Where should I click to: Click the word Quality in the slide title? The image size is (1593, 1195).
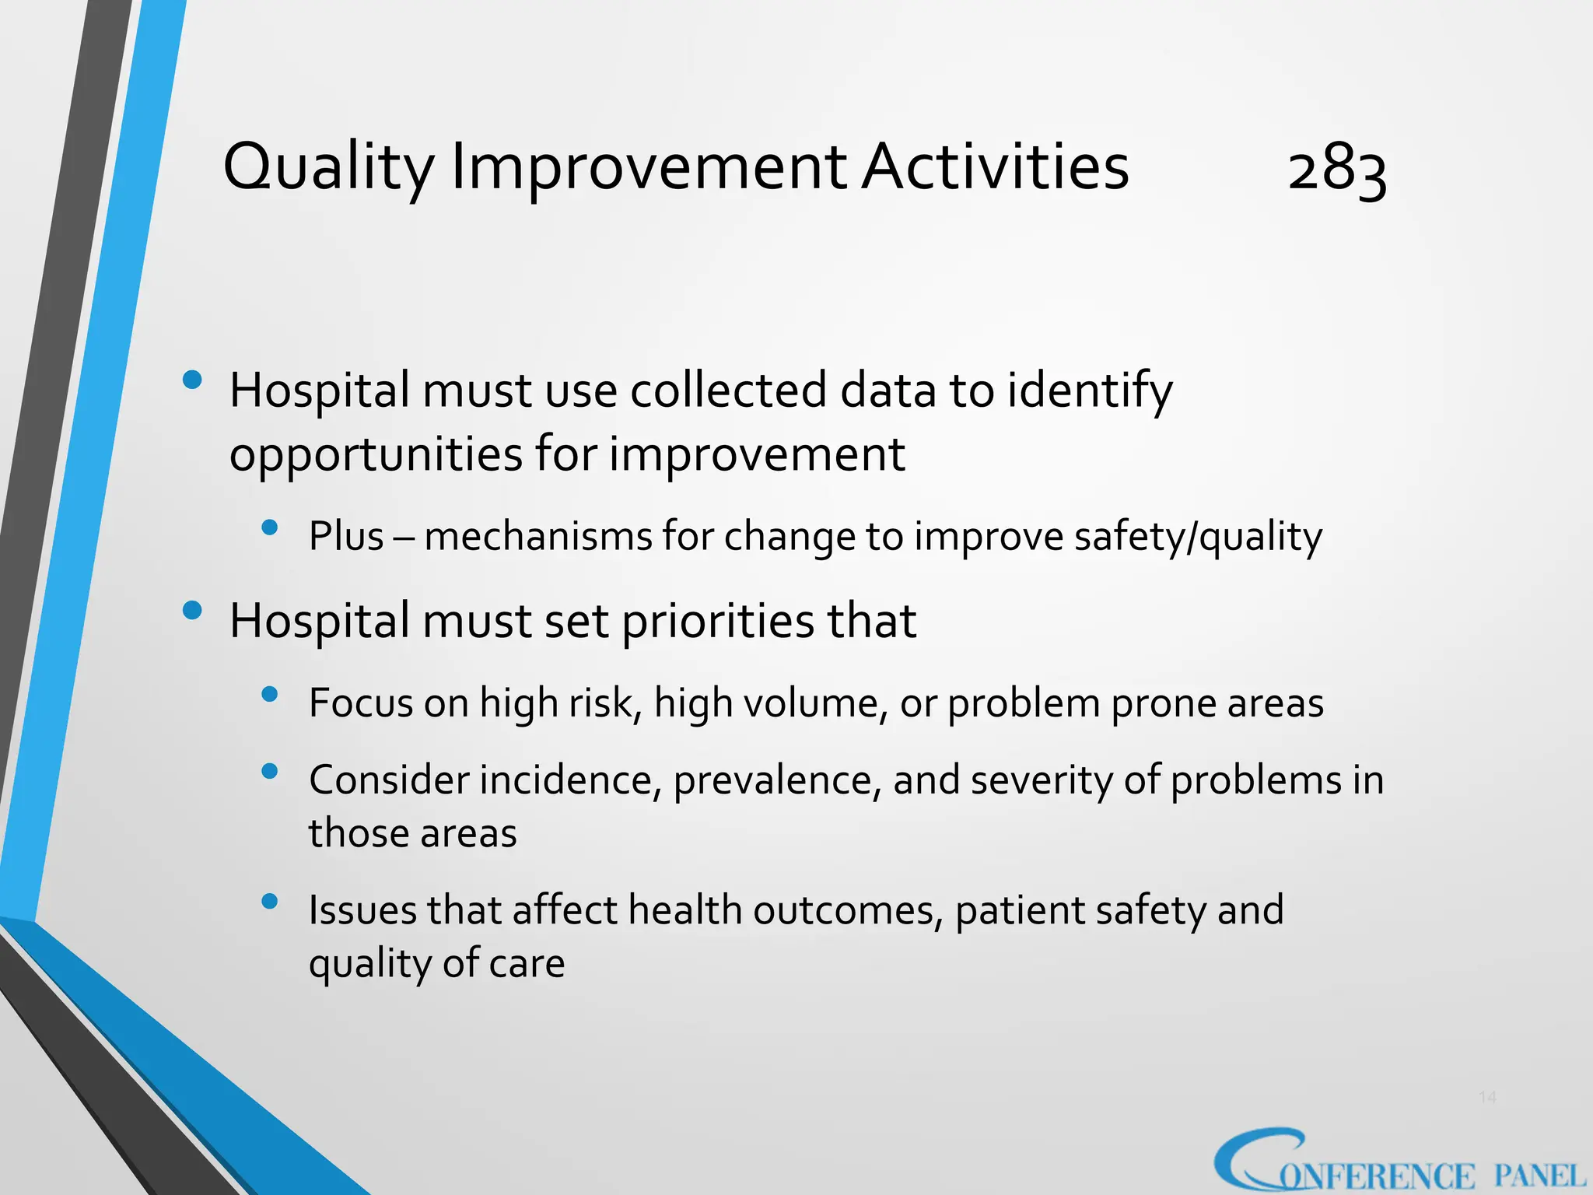(327, 167)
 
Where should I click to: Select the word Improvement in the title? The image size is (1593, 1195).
(649, 167)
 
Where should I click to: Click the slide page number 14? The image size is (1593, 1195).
(1487, 1097)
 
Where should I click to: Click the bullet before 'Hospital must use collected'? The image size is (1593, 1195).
(191, 380)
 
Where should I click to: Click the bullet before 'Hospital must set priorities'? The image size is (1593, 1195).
(191, 611)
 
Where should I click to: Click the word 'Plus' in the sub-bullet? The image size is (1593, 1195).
(346, 536)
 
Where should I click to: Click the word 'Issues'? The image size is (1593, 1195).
(362, 910)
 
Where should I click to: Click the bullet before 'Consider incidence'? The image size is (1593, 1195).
(270, 771)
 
